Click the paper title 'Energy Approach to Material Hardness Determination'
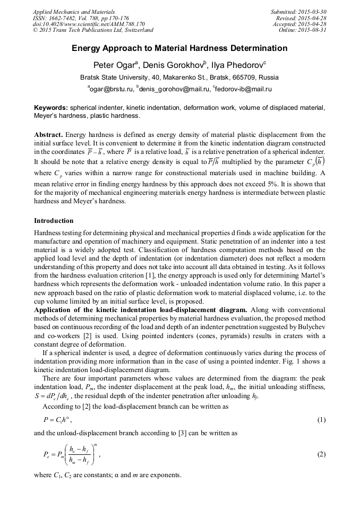179,48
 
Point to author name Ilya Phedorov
238,65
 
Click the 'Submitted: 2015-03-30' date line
298,12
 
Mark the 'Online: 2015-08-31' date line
302,30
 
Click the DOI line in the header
89,24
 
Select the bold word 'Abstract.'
49,135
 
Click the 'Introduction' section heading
54,220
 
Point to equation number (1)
321,420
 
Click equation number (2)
321,454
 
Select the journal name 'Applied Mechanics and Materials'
74,12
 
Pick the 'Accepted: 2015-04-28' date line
299,24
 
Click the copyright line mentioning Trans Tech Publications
93,30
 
